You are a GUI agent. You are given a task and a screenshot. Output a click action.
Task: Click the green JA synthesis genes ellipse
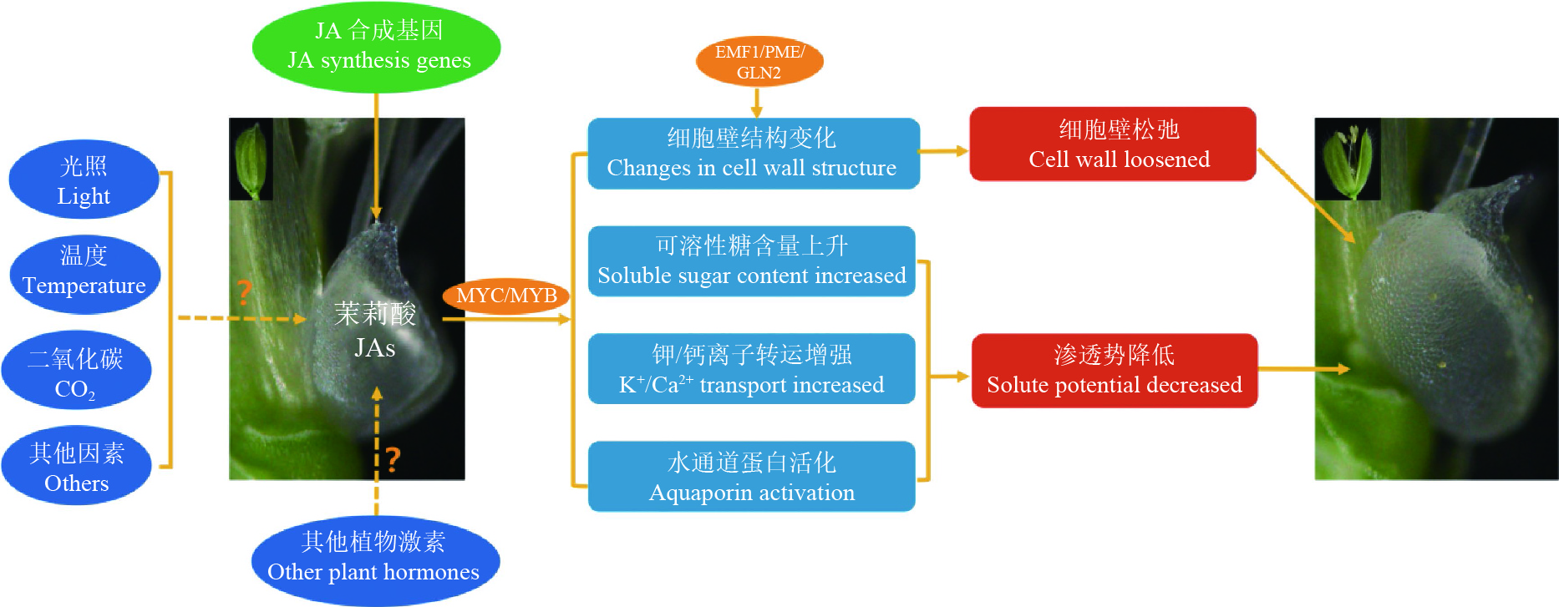(x=376, y=46)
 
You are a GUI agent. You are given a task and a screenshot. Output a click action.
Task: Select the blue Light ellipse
(x=84, y=180)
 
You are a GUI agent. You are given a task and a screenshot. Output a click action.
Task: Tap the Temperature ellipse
(x=84, y=274)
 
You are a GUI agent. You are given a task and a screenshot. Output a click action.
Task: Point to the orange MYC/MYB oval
(x=506, y=296)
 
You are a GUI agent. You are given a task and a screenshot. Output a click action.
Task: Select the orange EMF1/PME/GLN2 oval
(x=759, y=61)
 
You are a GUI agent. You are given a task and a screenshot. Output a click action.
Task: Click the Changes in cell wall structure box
(x=753, y=153)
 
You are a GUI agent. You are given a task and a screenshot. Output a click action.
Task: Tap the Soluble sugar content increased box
(x=751, y=261)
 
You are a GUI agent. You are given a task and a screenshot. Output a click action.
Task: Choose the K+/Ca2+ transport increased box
(x=751, y=369)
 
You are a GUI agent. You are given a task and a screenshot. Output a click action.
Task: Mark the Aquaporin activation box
(x=751, y=477)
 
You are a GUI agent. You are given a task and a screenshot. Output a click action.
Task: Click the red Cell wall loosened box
(x=1112, y=144)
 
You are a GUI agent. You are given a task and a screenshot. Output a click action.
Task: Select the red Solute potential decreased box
(x=1115, y=370)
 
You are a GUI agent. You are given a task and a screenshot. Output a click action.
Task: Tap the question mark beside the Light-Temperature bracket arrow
(x=244, y=291)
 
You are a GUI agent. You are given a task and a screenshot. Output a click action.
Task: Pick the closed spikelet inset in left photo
(x=251, y=159)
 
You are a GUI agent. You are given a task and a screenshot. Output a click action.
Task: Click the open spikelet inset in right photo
(x=1347, y=159)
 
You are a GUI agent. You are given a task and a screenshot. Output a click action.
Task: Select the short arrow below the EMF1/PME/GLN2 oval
(x=757, y=102)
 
